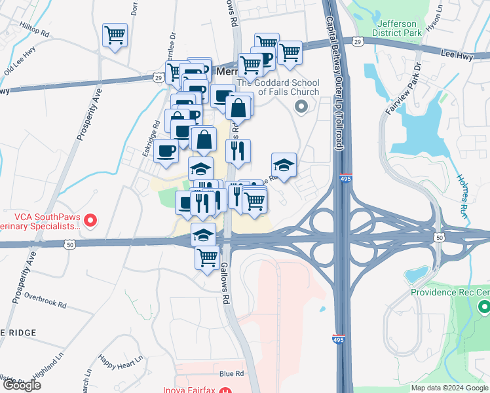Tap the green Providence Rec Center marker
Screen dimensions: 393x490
[483, 306]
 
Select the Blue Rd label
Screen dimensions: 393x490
[231, 374]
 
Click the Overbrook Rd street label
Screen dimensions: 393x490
[45, 301]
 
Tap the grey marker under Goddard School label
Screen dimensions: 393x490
[301, 107]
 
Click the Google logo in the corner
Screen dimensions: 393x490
[22, 385]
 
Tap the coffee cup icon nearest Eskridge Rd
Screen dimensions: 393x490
[165, 151]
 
